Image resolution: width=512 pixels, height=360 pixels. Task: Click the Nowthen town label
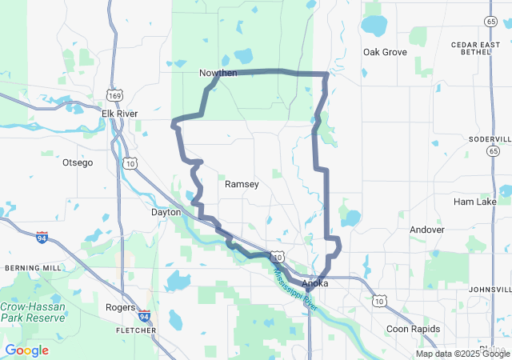point(218,74)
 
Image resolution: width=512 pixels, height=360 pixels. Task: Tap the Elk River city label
point(119,114)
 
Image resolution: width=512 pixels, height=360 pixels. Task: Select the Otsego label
point(78,162)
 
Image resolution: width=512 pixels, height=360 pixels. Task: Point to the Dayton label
point(166,212)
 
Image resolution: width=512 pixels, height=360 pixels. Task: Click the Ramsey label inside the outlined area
point(242,184)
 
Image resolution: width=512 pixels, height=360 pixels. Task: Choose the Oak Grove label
point(385,52)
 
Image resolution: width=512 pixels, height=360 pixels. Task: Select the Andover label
point(426,230)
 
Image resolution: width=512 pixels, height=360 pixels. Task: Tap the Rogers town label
point(120,307)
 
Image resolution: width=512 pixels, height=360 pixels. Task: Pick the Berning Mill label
point(33,267)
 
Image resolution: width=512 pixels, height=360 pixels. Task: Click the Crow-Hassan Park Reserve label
point(34,312)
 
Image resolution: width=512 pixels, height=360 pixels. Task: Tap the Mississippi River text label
point(295,289)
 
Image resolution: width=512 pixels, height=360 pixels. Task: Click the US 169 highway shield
point(118,94)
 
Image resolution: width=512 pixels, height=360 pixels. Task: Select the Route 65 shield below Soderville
point(493,151)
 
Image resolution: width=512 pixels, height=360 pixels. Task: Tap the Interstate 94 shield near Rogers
point(144,316)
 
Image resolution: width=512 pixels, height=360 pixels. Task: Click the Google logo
point(26,350)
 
